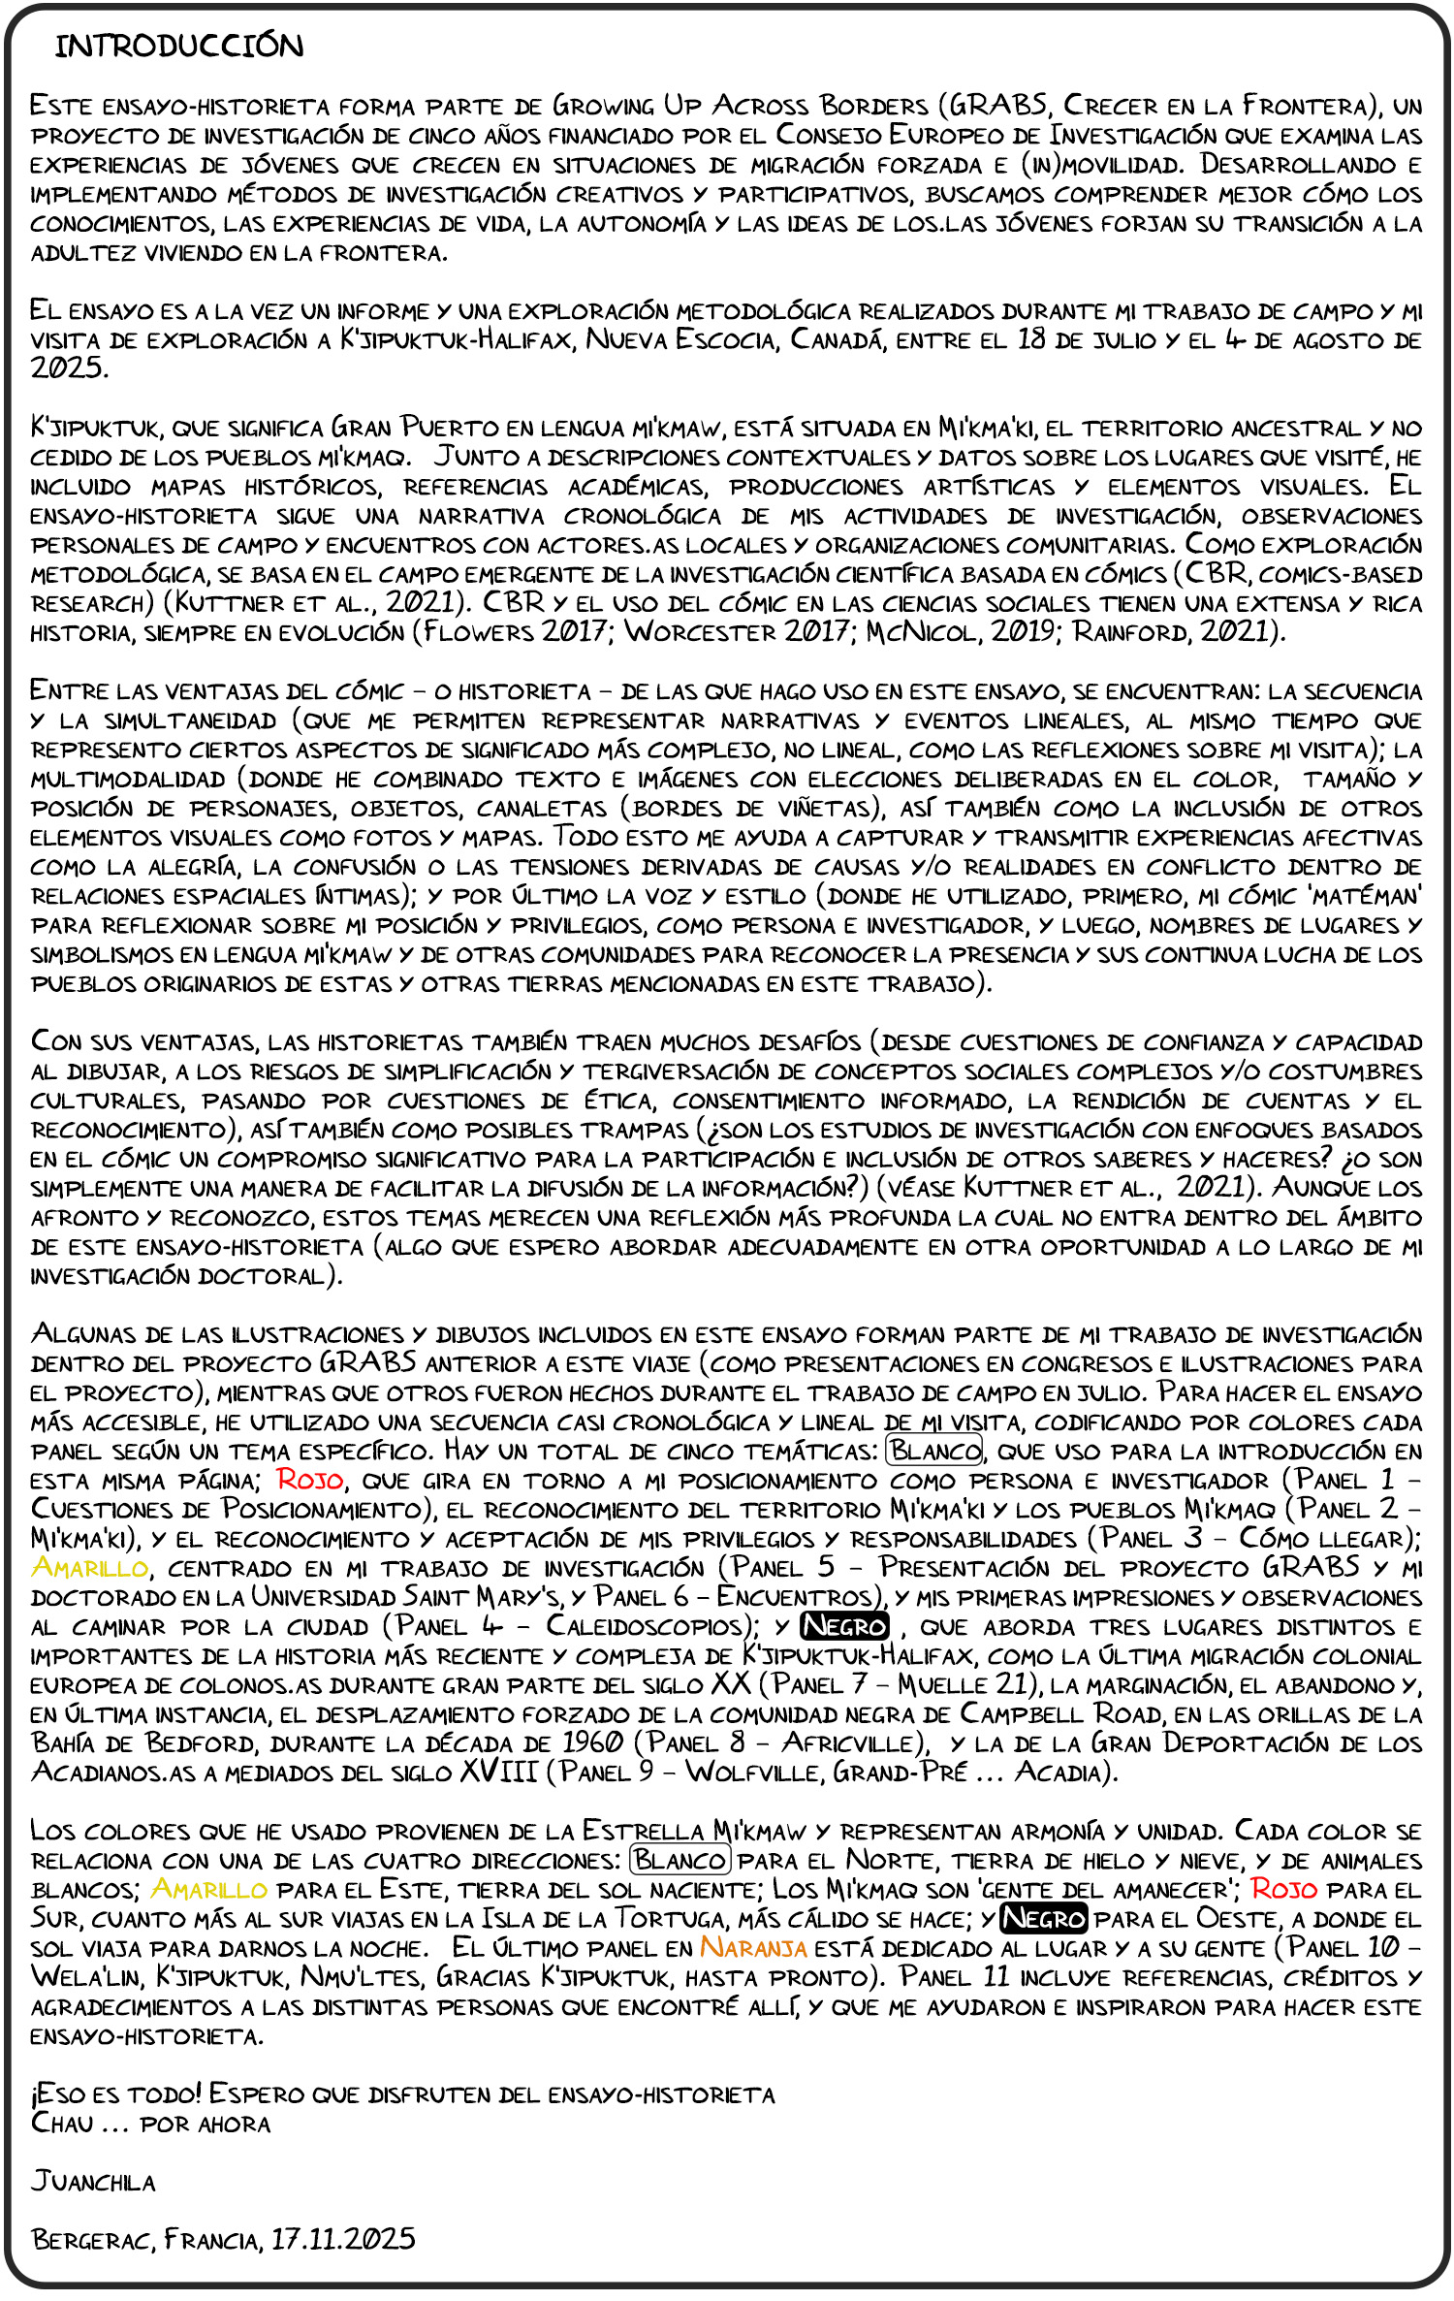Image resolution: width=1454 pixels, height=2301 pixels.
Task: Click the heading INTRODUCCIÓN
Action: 179,46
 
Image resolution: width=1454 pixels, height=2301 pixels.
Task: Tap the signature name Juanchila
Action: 93,2181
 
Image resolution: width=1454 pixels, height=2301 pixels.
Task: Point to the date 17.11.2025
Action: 343,2239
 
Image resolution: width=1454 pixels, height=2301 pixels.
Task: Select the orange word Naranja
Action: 753,1948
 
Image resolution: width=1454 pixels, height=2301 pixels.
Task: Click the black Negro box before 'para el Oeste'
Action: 1044,1919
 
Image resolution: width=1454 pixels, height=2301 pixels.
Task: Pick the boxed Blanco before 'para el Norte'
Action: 680,1861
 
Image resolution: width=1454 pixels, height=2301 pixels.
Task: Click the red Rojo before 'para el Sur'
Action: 1283,1890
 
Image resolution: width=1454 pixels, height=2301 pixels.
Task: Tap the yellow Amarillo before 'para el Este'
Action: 208,1890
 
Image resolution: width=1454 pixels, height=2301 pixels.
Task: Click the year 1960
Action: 593,1743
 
